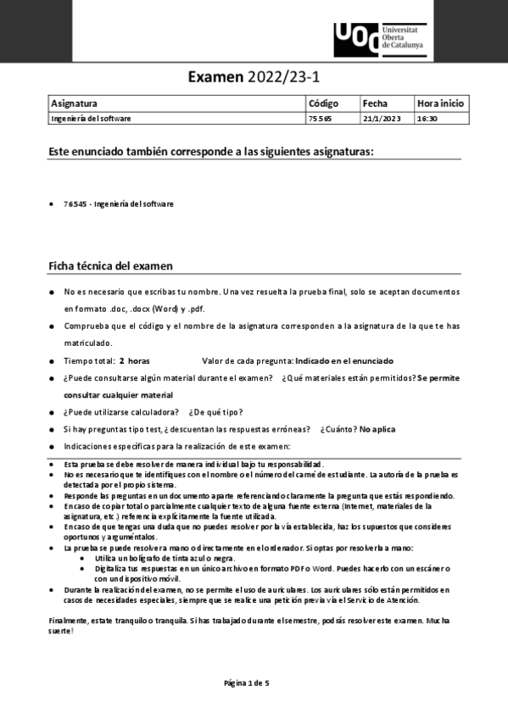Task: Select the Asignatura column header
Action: pyautogui.click(x=74, y=103)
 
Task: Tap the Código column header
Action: pyautogui.click(x=323, y=103)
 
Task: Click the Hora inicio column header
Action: pyautogui.click(x=440, y=103)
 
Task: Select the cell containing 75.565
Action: pyautogui.click(x=320, y=119)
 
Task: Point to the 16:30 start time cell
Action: pyautogui.click(x=427, y=119)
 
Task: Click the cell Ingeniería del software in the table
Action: pyautogui.click(x=91, y=119)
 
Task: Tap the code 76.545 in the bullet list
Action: pyautogui.click(x=76, y=203)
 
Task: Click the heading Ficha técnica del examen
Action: pyautogui.click(x=110, y=266)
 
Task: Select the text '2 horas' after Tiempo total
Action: pyautogui.click(x=134, y=360)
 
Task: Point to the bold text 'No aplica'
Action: pyautogui.click(x=377, y=429)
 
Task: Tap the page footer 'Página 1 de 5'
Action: pyautogui.click(x=246, y=683)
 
